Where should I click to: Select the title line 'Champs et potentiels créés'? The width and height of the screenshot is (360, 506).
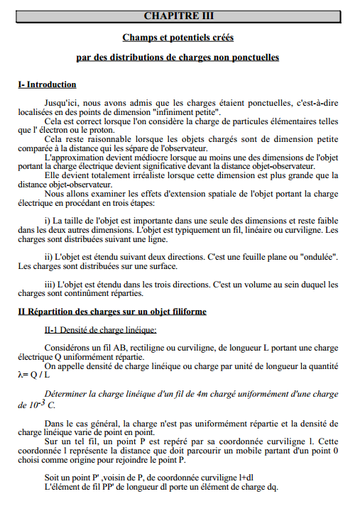tap(178, 37)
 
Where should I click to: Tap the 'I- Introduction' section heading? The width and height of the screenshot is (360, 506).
tap(47, 84)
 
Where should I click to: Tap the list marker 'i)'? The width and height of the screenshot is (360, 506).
tap(48, 220)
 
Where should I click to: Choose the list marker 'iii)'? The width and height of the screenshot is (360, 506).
tap(50, 283)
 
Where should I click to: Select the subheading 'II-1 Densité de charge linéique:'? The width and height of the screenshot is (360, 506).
tap(100, 329)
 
